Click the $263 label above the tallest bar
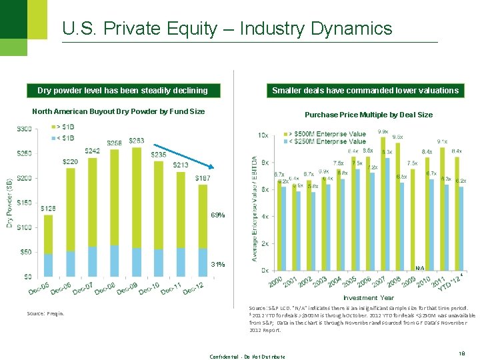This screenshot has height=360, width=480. click(136, 141)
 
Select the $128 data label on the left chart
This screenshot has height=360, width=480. click(49, 209)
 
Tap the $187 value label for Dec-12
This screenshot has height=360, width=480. click(204, 178)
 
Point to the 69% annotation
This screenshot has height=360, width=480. click(217, 215)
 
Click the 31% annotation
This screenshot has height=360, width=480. click(217, 264)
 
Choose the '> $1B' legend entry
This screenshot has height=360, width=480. click(66, 127)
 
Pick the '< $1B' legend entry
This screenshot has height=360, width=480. click(66, 137)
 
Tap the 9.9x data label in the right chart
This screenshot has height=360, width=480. click(383, 131)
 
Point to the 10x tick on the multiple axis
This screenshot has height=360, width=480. click(263, 135)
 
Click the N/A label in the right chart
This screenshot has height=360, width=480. click(420, 267)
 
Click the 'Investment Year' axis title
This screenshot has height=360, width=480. click(369, 297)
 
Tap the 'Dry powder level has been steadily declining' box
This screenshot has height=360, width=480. click(122, 90)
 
